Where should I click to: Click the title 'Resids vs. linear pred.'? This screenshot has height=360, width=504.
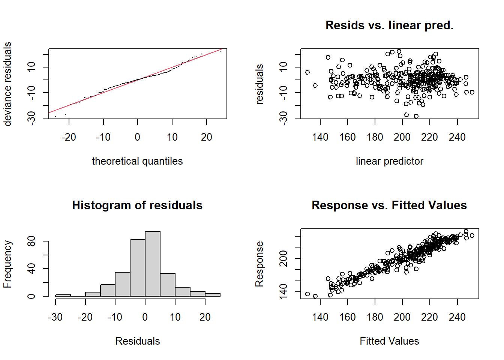click(389, 25)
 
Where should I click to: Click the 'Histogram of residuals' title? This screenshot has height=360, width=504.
click(137, 205)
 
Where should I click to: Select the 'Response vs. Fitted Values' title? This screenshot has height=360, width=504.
click(389, 205)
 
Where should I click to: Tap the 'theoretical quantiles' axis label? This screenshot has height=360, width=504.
click(137, 161)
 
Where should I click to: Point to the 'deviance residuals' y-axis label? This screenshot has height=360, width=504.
click(7, 84)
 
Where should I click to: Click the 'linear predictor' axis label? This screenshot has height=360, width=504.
click(389, 161)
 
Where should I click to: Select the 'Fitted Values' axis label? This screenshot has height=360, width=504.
click(389, 341)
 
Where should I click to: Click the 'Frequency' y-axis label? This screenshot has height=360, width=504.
click(7, 264)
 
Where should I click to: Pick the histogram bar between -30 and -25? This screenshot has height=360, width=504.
click(63, 295)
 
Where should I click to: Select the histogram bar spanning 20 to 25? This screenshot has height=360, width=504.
click(213, 295)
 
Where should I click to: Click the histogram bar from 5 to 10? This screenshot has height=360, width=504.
click(168, 285)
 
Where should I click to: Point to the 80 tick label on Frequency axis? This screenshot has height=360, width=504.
click(31, 241)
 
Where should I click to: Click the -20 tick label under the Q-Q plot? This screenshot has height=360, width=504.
click(69, 137)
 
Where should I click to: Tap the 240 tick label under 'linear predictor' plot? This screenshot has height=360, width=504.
click(457, 137)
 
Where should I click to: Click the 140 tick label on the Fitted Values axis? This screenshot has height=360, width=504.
click(320, 317)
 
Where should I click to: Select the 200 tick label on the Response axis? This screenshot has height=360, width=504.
click(284, 258)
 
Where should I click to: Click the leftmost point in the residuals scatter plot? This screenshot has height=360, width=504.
click(307, 72)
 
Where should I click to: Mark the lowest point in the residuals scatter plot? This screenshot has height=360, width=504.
click(416, 116)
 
